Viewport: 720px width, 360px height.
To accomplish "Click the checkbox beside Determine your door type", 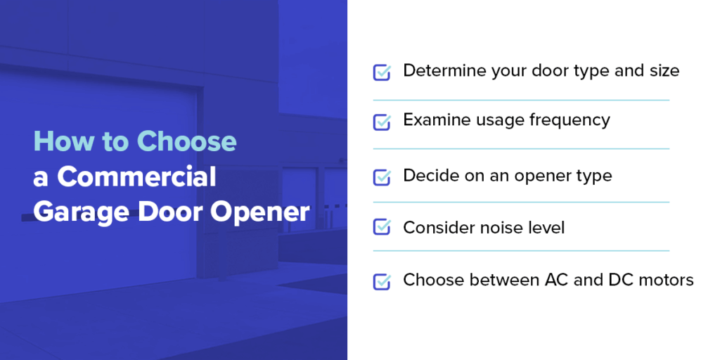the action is [x=382, y=72].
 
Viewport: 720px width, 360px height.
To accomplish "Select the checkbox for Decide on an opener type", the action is [x=382, y=177].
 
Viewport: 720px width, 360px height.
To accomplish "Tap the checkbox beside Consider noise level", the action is [x=382, y=226].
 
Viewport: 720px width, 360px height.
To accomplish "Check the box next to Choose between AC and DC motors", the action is [x=382, y=281].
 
